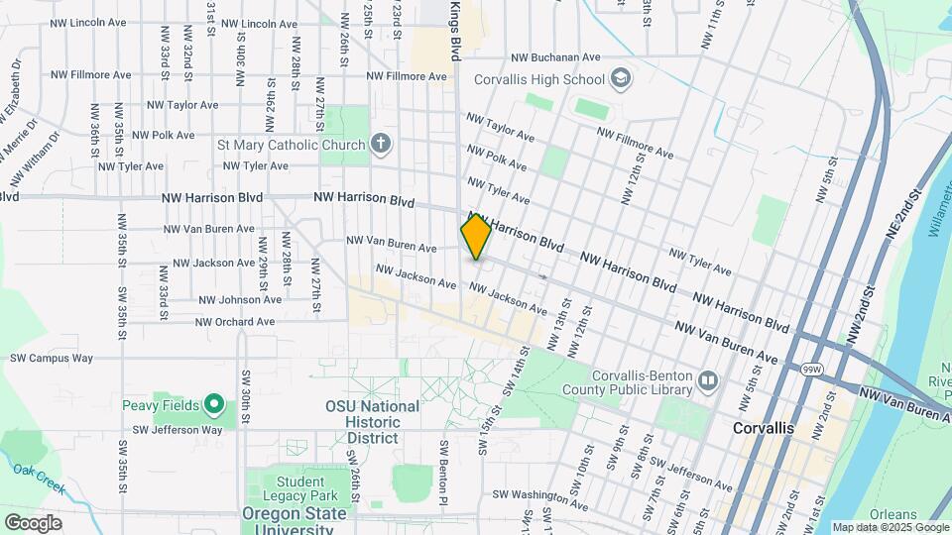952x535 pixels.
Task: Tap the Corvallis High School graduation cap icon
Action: tap(620, 78)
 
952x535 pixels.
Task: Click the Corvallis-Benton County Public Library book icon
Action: tap(707, 380)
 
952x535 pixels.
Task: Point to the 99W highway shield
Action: tap(811, 368)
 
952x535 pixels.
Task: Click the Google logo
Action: tap(33, 522)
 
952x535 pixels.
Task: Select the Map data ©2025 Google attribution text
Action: tap(890, 527)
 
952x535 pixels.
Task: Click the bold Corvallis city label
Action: tap(763, 428)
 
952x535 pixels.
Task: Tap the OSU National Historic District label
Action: tap(372, 422)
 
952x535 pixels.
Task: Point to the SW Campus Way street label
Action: tap(51, 358)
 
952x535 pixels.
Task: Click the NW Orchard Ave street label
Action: tap(235, 322)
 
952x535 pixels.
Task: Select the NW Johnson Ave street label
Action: tap(239, 300)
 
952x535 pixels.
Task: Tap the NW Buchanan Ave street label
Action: tap(556, 57)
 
